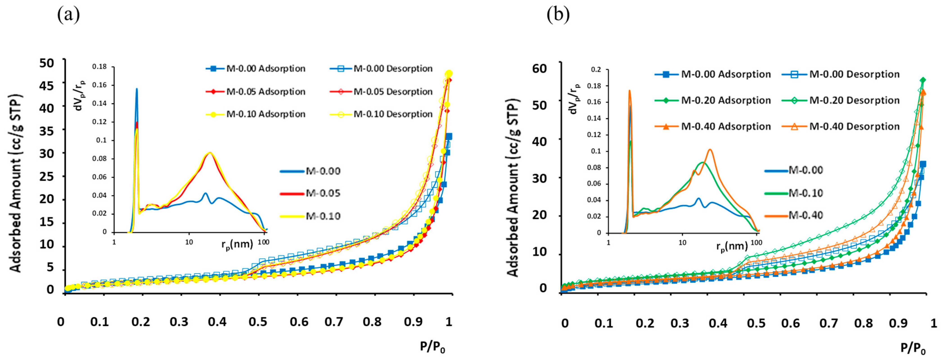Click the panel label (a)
(68, 15)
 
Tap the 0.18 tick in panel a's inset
(99, 66)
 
